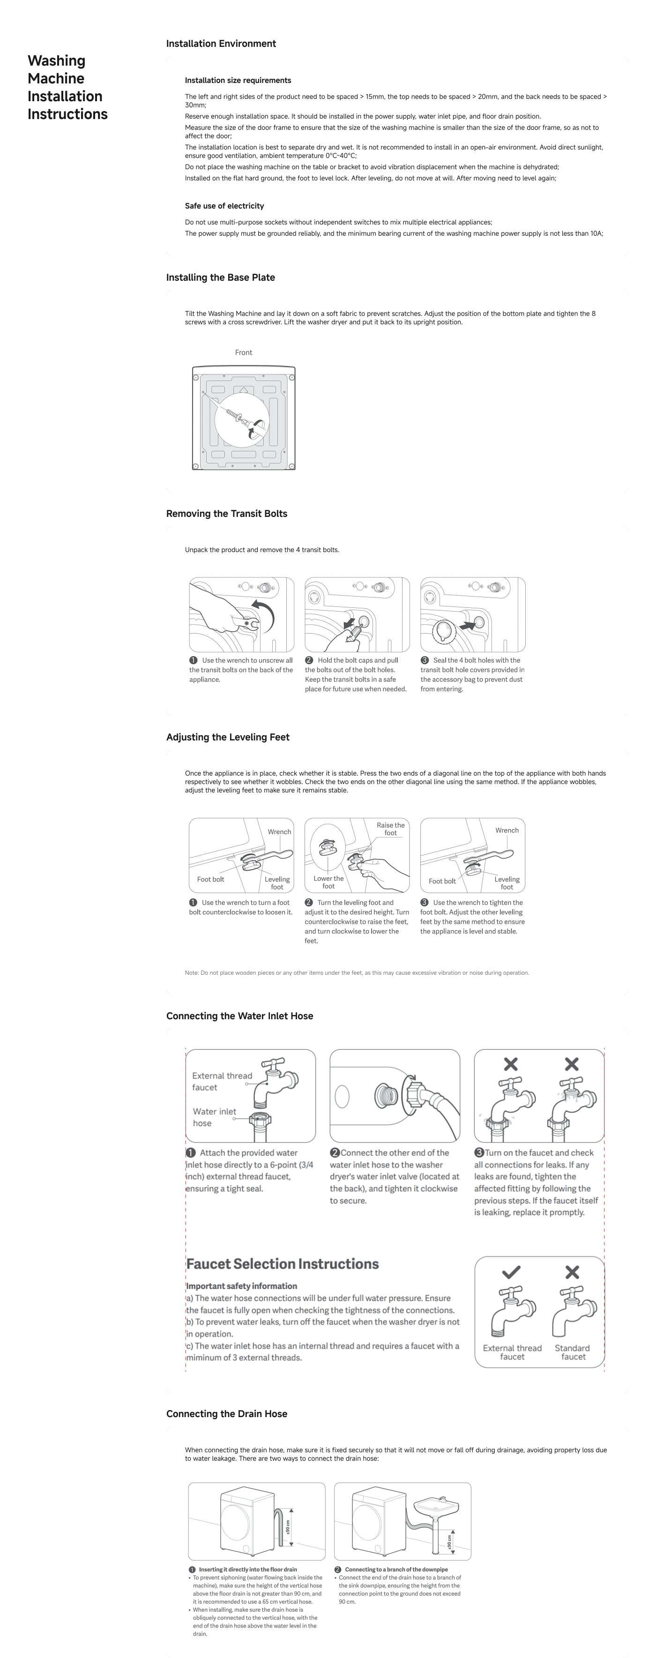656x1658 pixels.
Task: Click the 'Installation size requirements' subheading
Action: (x=238, y=81)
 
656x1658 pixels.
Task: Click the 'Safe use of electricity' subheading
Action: (x=224, y=206)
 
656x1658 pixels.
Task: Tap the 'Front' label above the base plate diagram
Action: (x=243, y=353)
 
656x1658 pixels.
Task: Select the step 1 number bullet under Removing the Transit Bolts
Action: (x=193, y=660)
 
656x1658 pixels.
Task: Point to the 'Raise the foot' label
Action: (x=390, y=829)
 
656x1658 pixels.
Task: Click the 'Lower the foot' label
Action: (x=328, y=882)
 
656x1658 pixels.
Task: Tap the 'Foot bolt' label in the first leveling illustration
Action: (x=210, y=879)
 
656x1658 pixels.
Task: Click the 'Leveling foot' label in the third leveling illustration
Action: (x=507, y=882)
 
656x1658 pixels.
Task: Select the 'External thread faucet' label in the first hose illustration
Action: (x=222, y=1081)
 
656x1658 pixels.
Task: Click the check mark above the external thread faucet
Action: (x=511, y=1272)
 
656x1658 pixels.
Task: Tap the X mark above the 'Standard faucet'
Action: (x=572, y=1272)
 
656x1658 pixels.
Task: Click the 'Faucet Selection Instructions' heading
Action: (x=282, y=1264)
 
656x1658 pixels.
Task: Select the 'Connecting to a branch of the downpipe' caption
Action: (x=396, y=1569)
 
